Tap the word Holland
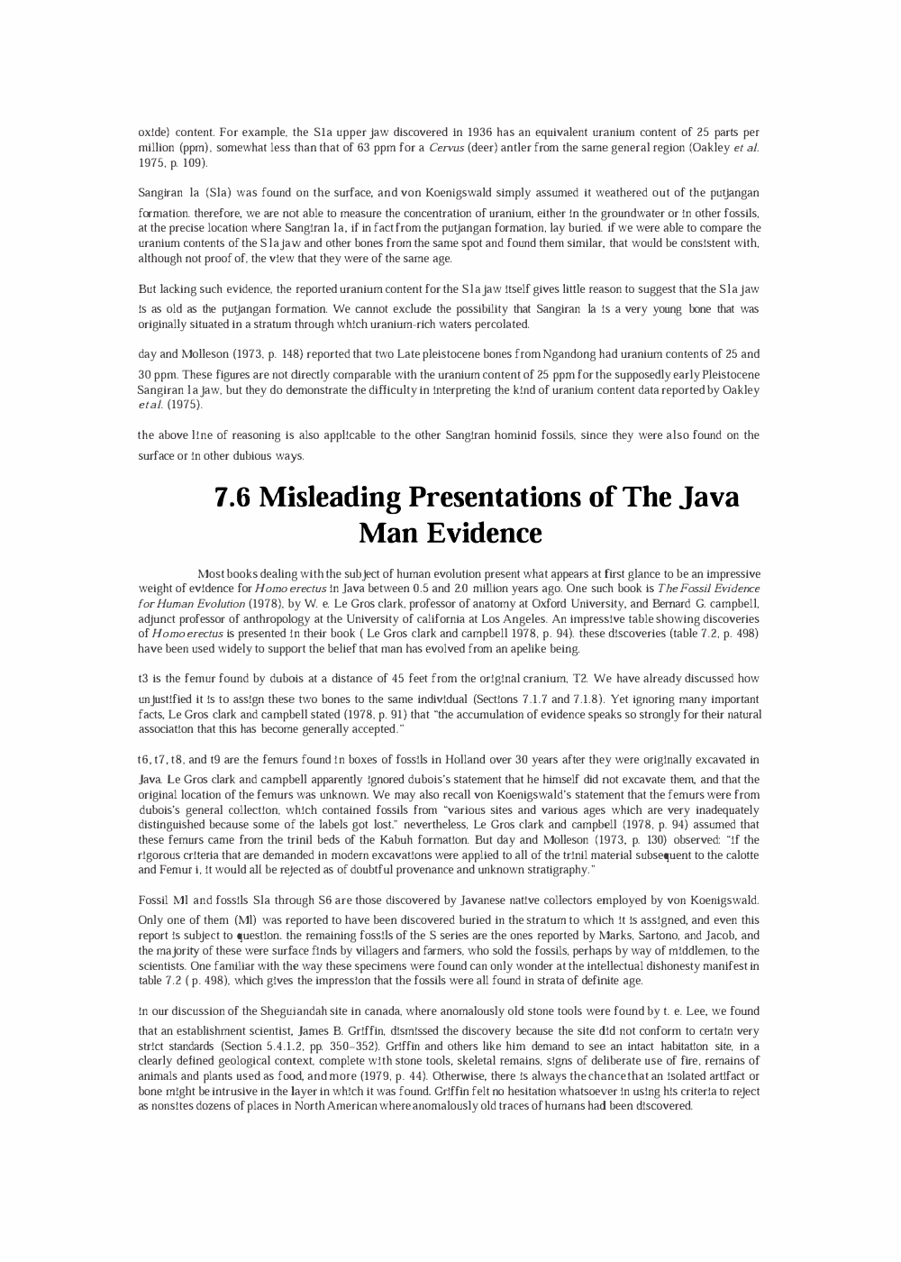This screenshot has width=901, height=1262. tap(462, 760)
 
